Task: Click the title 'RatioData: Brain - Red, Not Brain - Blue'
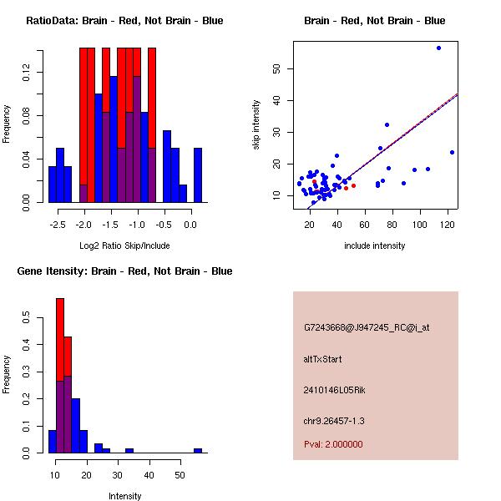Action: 124,21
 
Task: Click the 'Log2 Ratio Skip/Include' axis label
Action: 124,245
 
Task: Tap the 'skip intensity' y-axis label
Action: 257,125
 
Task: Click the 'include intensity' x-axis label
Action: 375,245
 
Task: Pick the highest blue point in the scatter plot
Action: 438,48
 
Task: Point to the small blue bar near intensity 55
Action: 198,450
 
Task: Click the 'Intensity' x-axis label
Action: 125,496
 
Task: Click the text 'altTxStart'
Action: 323,359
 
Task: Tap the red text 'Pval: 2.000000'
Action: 333,444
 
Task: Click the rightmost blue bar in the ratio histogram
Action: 198,175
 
